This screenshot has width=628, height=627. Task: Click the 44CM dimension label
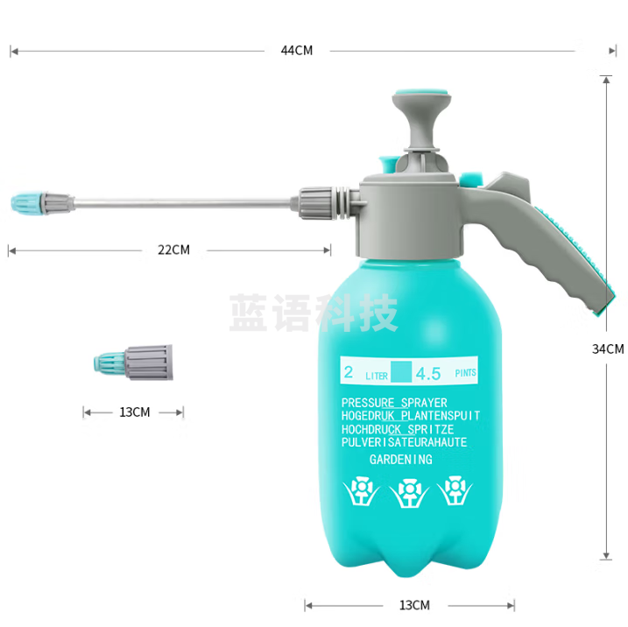pyautogui.click(x=296, y=51)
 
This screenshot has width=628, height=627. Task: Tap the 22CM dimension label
pyautogui.click(x=173, y=250)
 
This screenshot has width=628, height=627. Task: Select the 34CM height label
pyautogui.click(x=608, y=349)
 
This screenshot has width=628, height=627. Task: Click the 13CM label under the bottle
pyautogui.click(x=414, y=605)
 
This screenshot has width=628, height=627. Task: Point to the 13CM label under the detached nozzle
pyautogui.click(x=134, y=412)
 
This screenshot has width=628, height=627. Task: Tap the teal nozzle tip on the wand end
pyautogui.click(x=27, y=203)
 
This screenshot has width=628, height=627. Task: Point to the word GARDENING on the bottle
pyautogui.click(x=400, y=460)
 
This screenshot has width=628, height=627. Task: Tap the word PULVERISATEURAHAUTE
pyautogui.click(x=404, y=443)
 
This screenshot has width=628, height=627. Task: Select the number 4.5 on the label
pyautogui.click(x=428, y=374)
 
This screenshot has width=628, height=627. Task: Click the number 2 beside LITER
pyautogui.click(x=349, y=372)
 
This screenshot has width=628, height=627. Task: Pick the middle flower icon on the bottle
pyautogui.click(x=407, y=493)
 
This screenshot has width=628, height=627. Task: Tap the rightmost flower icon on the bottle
pyautogui.click(x=454, y=491)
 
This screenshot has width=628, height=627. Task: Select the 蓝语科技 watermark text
pyautogui.click(x=314, y=313)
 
